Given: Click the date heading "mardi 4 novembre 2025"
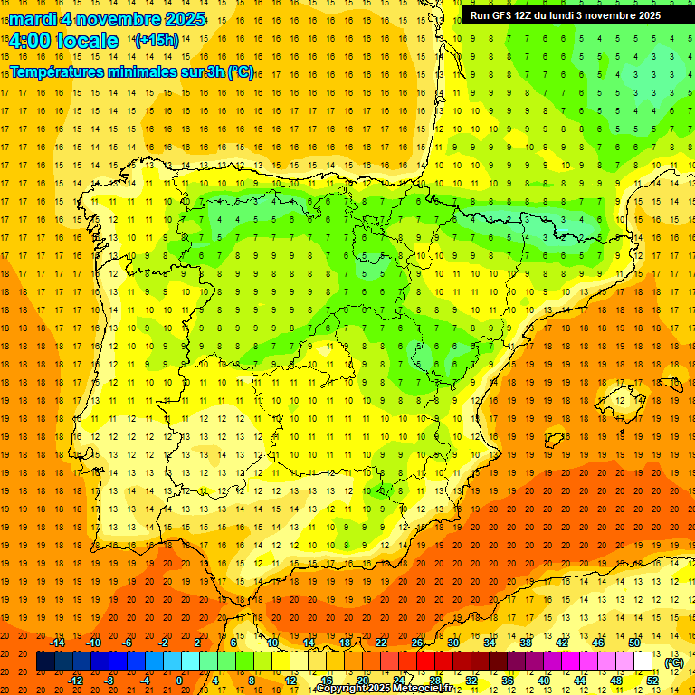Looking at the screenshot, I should click(108, 19).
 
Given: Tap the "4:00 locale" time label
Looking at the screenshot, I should click(62, 41).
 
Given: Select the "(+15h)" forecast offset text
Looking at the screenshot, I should click(157, 41).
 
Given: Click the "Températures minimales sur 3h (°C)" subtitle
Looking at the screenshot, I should click(131, 72).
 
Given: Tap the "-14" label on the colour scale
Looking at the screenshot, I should click(58, 643).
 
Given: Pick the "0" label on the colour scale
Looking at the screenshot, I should click(179, 681).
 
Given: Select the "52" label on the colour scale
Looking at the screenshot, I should click(652, 681).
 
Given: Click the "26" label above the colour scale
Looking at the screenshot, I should click(417, 643).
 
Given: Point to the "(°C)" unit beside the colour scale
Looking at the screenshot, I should click(673, 662).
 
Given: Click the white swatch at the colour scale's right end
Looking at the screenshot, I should click(643, 662).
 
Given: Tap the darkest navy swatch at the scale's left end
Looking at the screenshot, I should click(45, 662).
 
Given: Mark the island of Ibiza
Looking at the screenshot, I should click(554, 440).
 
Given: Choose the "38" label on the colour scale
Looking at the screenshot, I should click(526, 643).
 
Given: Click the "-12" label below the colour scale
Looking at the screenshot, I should click(76, 681).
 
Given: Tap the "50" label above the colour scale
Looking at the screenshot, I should click(634, 643).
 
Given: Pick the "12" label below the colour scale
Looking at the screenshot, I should click(290, 681).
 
